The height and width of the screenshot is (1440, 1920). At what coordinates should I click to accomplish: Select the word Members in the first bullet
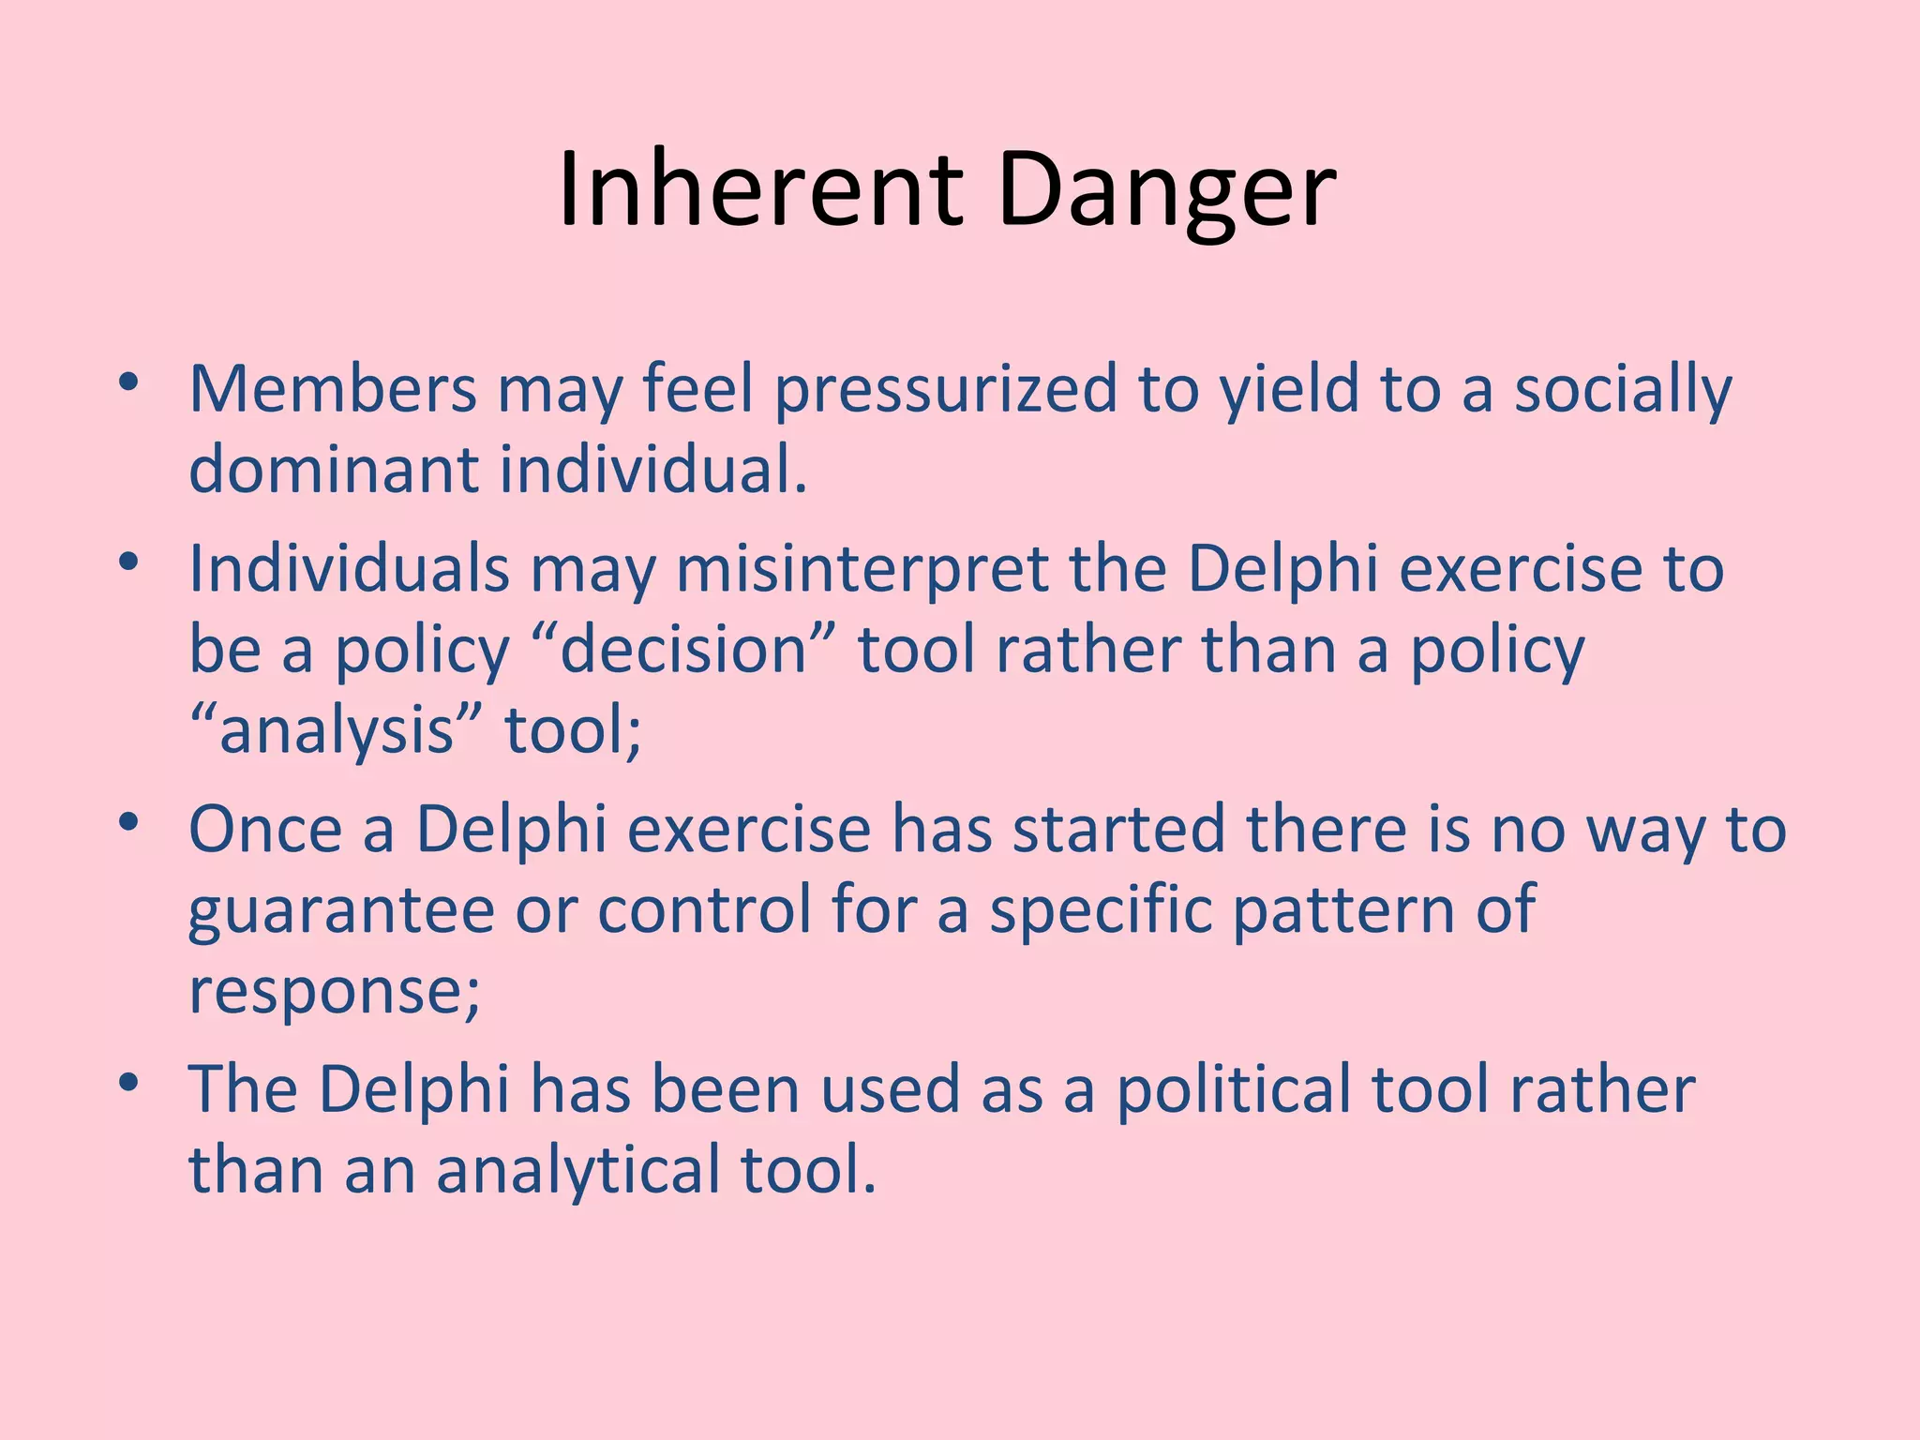(333, 388)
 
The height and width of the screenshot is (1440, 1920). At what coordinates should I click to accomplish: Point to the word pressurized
(946, 390)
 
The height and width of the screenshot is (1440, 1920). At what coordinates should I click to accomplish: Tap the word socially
(1623, 390)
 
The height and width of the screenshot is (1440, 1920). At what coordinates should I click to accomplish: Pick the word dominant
(333, 469)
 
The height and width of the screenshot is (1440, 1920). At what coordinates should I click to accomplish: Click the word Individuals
(349, 568)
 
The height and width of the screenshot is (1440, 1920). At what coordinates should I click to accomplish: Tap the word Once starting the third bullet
(265, 829)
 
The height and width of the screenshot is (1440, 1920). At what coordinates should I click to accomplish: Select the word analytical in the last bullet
(577, 1170)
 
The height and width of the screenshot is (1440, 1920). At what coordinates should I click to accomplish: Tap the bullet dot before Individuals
(129, 562)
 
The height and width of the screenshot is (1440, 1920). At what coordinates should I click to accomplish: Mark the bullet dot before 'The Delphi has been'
(129, 1083)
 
